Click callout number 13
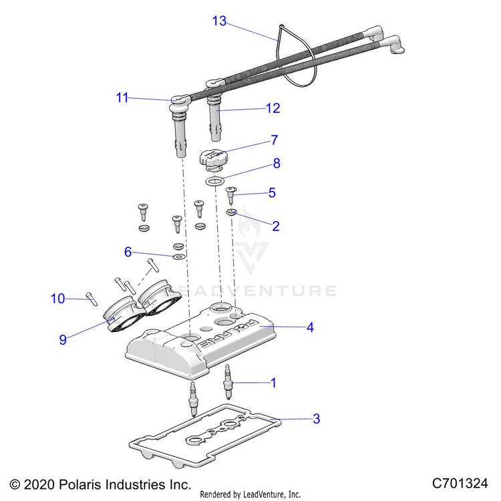[x=220, y=21]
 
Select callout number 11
[x=122, y=98]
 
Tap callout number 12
[x=273, y=108]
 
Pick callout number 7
[x=274, y=141]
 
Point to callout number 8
[x=276, y=163]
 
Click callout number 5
[x=272, y=193]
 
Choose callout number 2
[x=275, y=226]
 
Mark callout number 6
[x=128, y=253]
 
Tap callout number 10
[x=58, y=299]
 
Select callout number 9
[x=63, y=339]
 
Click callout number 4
[x=310, y=328]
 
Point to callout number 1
[x=273, y=383]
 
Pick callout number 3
[x=316, y=420]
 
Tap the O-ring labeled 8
[x=214, y=182]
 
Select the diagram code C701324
[x=461, y=483]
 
